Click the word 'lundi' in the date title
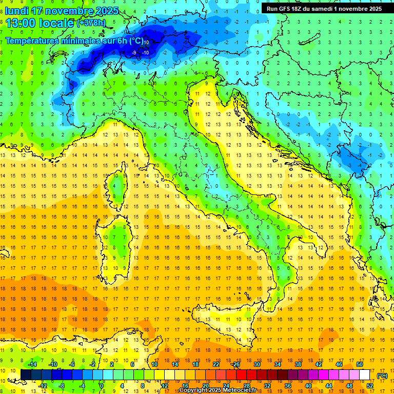click(x=17, y=11)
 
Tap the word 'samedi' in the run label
click(x=322, y=9)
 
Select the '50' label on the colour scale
click(x=360, y=364)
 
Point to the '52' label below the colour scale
click(x=370, y=385)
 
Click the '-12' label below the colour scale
click(x=43, y=385)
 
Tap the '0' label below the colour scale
click(x=102, y=385)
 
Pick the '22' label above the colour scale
click(x=216, y=364)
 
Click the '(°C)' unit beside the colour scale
click(x=382, y=376)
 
